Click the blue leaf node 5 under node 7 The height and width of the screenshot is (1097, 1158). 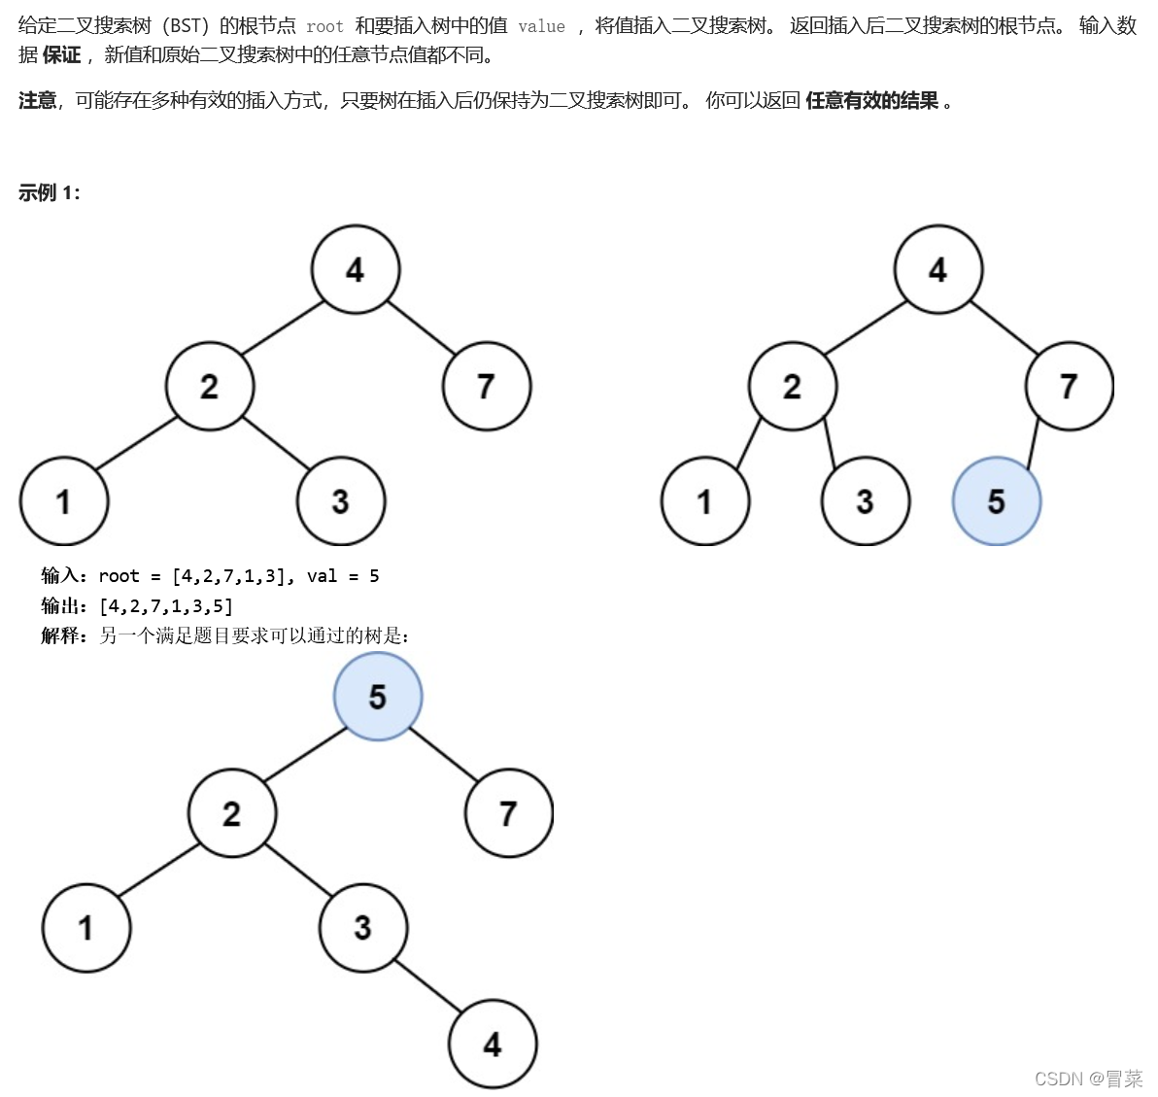click(x=996, y=501)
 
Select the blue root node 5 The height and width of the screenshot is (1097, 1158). click(x=378, y=697)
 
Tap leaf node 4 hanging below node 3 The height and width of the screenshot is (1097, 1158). click(x=493, y=1045)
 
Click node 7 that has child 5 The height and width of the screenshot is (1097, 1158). click(x=1069, y=386)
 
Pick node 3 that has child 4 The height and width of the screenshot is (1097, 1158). click(x=362, y=928)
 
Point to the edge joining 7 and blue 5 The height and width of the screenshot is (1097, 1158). click(x=1034, y=443)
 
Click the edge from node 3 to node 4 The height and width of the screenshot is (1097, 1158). click(x=427, y=986)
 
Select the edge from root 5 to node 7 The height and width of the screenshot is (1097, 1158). click(x=443, y=754)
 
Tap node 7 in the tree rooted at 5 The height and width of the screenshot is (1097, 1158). click(x=508, y=813)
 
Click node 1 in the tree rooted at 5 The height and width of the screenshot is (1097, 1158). click(x=85, y=928)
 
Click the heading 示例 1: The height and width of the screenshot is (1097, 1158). click(x=50, y=192)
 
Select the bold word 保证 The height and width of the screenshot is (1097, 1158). click(x=62, y=55)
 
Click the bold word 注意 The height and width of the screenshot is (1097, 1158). click(x=38, y=101)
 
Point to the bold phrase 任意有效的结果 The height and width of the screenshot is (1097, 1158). click(x=871, y=101)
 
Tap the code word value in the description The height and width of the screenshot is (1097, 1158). click(x=541, y=26)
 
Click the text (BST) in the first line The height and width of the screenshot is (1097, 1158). click(x=186, y=26)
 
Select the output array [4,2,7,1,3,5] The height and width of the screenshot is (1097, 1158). click(x=166, y=606)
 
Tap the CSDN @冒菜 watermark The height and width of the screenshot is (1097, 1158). click(x=1088, y=1079)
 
